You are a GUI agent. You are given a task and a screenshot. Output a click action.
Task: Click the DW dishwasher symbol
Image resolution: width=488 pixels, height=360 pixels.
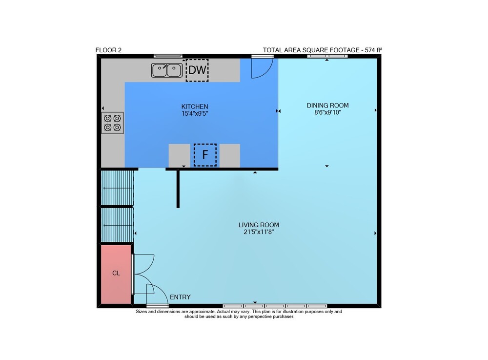click(197, 70)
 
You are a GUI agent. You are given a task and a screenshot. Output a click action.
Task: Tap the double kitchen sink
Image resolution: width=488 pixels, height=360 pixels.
click(167, 70)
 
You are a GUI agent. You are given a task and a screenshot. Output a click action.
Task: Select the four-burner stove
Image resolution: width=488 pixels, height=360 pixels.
click(112, 123)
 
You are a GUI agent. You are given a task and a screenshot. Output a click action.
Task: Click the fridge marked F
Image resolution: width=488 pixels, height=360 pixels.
click(205, 155)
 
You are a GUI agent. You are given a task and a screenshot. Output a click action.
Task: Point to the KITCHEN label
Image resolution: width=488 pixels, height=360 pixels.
click(195, 106)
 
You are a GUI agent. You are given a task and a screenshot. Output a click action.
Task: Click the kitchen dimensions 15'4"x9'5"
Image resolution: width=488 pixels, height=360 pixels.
click(195, 114)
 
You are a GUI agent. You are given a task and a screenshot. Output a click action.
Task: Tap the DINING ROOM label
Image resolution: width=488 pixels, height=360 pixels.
click(328, 106)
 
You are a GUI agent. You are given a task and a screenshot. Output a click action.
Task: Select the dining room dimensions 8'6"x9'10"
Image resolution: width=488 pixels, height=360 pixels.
click(328, 112)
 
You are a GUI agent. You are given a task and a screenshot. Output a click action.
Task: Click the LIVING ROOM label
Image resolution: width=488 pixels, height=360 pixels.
click(259, 225)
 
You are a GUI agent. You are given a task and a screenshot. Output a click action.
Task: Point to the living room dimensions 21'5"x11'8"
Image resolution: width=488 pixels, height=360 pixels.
click(259, 232)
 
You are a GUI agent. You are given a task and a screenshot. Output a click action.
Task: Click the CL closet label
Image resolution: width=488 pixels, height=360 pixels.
click(116, 273)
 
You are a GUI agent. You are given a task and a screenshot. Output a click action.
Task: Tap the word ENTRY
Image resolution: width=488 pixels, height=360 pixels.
click(180, 297)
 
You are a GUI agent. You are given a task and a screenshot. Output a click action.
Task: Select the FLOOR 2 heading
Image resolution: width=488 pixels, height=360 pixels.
click(108, 50)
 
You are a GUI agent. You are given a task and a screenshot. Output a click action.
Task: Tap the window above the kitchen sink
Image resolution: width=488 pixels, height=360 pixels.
click(168, 56)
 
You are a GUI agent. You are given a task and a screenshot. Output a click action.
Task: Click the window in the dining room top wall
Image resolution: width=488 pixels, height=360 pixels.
click(327, 56)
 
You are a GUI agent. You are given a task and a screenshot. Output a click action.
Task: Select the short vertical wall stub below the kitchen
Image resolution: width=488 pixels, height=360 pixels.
click(178, 189)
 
